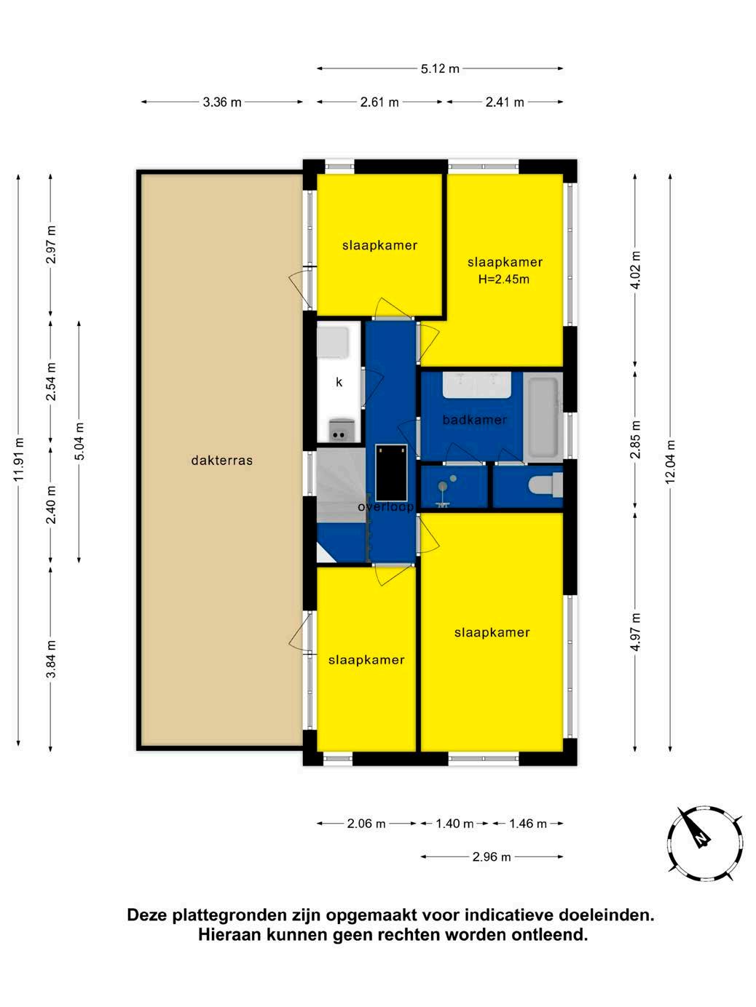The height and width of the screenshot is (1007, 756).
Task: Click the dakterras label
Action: point(221,460)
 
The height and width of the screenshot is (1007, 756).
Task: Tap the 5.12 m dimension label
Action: point(440,69)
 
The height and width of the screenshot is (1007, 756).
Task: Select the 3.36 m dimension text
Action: point(222,102)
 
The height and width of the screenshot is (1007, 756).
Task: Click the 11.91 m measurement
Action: point(18,459)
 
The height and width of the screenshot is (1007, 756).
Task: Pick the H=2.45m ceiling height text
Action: point(503,279)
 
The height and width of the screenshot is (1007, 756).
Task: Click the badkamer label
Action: point(475,419)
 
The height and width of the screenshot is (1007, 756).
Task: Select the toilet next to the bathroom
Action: point(546,485)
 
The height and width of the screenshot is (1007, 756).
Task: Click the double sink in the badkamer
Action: point(477,385)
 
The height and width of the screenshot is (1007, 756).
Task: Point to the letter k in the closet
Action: point(339,382)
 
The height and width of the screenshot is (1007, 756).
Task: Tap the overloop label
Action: point(385,506)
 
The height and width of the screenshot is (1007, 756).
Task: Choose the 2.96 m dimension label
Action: point(492,856)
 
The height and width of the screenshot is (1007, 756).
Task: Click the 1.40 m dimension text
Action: point(454,824)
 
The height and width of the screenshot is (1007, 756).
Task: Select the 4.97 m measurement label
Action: point(635,632)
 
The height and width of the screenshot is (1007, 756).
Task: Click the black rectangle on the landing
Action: point(391,472)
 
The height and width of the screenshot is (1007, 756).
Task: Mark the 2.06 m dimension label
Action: point(366,824)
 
